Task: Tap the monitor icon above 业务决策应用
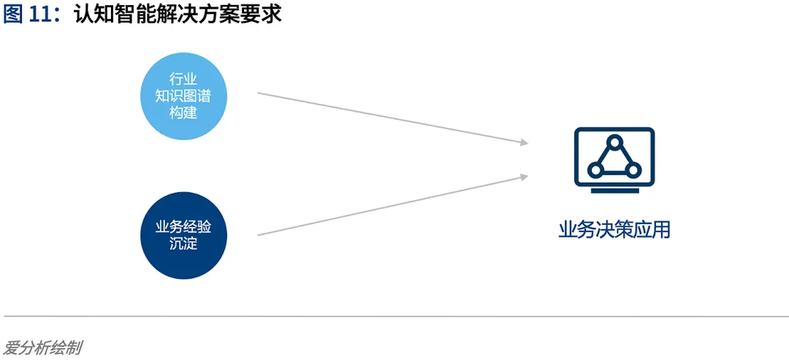tap(614, 158)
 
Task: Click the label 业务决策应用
tap(614, 230)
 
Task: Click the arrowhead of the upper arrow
tap(524, 142)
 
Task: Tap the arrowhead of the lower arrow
tap(524, 175)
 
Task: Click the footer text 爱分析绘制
tap(42, 348)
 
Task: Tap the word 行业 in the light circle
tap(183, 79)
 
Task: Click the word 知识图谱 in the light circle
tap(183, 96)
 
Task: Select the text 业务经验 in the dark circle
tap(183, 227)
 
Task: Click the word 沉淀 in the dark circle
tap(183, 243)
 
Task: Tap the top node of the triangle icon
tap(614, 141)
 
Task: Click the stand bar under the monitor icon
tap(614, 190)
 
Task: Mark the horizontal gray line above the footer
tap(394, 316)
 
